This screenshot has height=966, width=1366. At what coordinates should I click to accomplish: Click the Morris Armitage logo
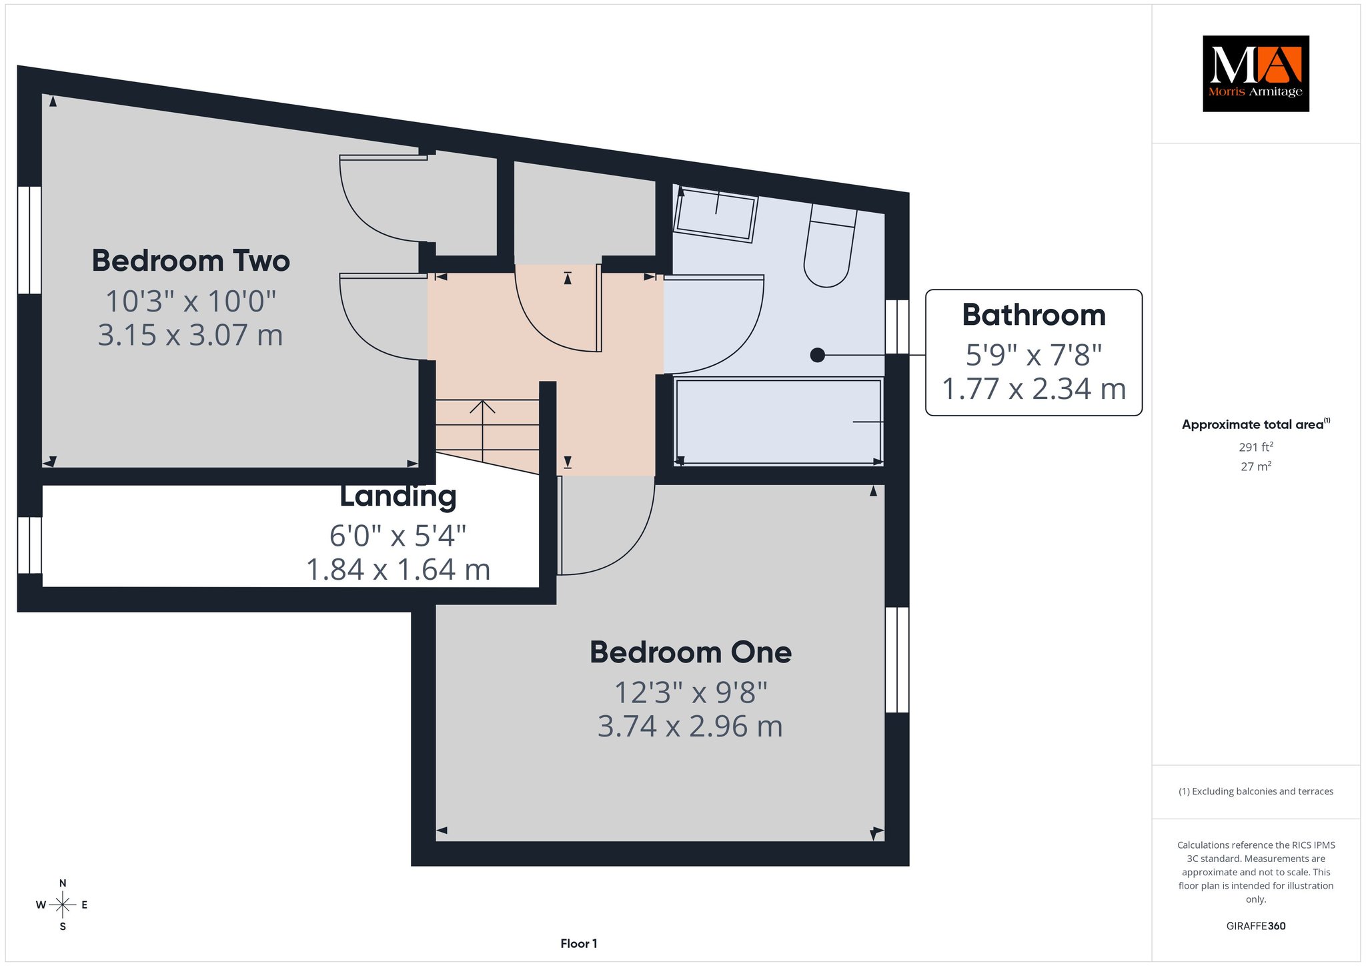click(1255, 73)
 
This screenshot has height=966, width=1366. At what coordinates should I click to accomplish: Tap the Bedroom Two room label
click(191, 261)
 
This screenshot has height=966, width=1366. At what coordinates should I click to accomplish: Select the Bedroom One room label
click(690, 652)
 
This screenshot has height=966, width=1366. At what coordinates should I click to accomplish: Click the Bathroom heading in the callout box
click(1034, 315)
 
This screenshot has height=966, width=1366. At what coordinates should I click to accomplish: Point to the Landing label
click(398, 496)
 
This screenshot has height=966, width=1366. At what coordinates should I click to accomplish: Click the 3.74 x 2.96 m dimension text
click(690, 726)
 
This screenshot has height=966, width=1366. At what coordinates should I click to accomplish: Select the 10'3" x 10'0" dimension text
click(191, 301)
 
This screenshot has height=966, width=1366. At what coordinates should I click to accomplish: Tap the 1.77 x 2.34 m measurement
click(1034, 388)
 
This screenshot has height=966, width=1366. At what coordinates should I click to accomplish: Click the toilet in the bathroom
click(829, 245)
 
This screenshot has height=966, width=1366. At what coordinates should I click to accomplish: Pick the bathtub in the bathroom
click(779, 420)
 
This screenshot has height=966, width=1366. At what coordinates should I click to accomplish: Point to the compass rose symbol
click(63, 905)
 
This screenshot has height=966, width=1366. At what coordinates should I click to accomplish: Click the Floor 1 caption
click(579, 943)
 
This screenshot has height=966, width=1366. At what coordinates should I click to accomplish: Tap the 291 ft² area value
click(1256, 447)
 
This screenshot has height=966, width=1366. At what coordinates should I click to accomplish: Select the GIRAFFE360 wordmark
click(1256, 926)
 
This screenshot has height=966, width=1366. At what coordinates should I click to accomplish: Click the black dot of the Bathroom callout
click(817, 356)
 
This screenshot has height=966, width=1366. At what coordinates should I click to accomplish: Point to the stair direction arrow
click(482, 430)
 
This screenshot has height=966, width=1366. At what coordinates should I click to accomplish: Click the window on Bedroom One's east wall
click(897, 660)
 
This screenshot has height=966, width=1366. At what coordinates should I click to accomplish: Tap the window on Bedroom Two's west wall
click(29, 240)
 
